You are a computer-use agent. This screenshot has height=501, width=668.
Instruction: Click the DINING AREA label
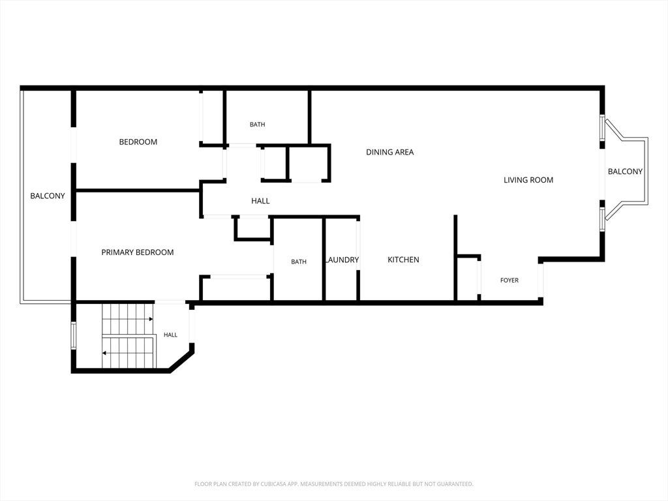point(390,152)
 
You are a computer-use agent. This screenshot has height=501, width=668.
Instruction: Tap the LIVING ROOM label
point(528,180)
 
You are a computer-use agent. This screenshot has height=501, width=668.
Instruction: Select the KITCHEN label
point(403,260)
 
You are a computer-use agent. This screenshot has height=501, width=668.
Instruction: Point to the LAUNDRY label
point(342,260)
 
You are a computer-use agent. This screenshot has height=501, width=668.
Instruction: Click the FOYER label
point(509,281)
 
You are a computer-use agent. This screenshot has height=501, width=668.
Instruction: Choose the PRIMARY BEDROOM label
point(138,252)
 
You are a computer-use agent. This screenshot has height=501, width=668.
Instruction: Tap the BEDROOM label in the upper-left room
point(138,142)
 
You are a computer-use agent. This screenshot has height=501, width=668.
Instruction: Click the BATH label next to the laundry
point(299,262)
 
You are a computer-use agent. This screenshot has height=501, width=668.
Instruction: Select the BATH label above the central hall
point(257,125)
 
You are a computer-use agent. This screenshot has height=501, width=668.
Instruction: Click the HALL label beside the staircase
point(170,335)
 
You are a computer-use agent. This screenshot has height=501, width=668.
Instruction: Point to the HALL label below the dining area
point(260,201)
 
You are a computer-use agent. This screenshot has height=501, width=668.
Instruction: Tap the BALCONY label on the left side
point(47,196)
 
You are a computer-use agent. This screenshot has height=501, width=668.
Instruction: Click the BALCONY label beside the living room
point(625,172)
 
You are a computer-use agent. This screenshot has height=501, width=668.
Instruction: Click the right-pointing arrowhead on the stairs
point(151,318)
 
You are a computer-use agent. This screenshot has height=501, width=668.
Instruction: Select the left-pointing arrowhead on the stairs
point(104,353)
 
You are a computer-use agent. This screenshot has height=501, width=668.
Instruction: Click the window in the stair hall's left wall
point(73,336)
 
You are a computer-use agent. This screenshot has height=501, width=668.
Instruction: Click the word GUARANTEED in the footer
point(456,484)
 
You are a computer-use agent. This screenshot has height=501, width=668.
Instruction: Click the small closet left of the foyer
point(468,279)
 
